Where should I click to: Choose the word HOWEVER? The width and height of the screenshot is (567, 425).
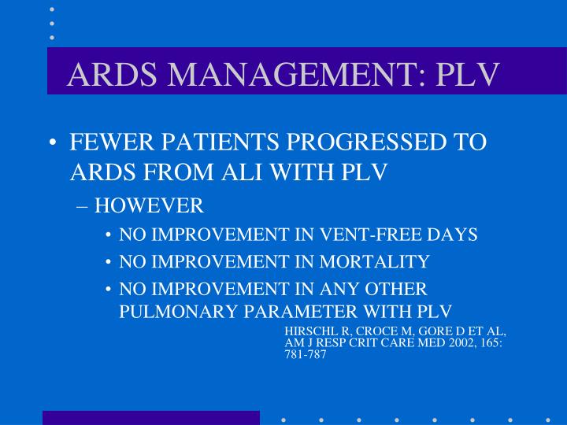(149, 206)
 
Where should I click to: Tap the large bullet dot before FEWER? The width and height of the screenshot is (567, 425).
(52, 144)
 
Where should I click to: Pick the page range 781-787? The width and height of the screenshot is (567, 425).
(305, 355)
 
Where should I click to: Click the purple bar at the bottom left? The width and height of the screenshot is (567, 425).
(150, 417)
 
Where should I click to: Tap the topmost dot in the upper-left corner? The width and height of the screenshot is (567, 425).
(52, 9)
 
